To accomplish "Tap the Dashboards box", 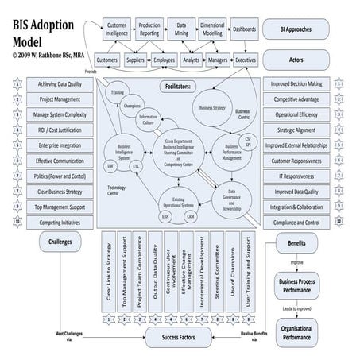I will point(243,29).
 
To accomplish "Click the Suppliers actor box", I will point(135,60).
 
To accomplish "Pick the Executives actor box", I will point(245,60).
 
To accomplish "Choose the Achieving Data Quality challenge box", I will point(60,83).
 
